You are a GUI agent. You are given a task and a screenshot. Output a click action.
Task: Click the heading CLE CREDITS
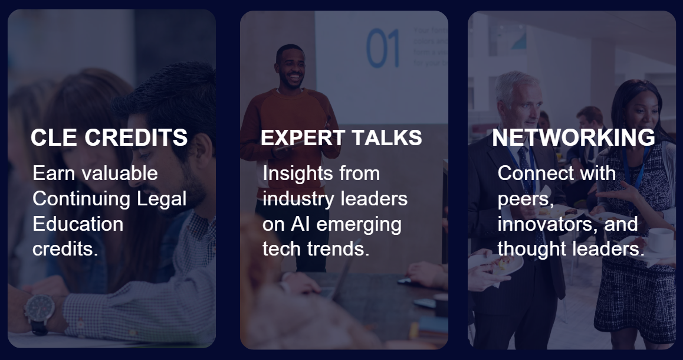pyautogui.click(x=109, y=138)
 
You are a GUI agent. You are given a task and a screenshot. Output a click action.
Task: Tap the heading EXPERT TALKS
pyautogui.click(x=341, y=138)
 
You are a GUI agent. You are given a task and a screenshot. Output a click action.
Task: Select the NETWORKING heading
pyautogui.click(x=573, y=138)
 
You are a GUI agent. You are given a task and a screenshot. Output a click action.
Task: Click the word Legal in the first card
pyautogui.click(x=162, y=199)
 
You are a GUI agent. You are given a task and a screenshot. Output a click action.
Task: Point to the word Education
pyautogui.click(x=78, y=224)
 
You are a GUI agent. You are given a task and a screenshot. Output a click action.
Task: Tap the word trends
pyautogui.click(x=339, y=249)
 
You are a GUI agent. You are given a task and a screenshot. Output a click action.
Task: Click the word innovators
pyautogui.click(x=549, y=224)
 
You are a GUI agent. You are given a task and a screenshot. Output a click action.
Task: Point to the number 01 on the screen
pyautogui.click(x=383, y=48)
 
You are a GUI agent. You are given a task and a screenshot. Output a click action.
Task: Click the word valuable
pyautogui.click(x=120, y=173)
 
